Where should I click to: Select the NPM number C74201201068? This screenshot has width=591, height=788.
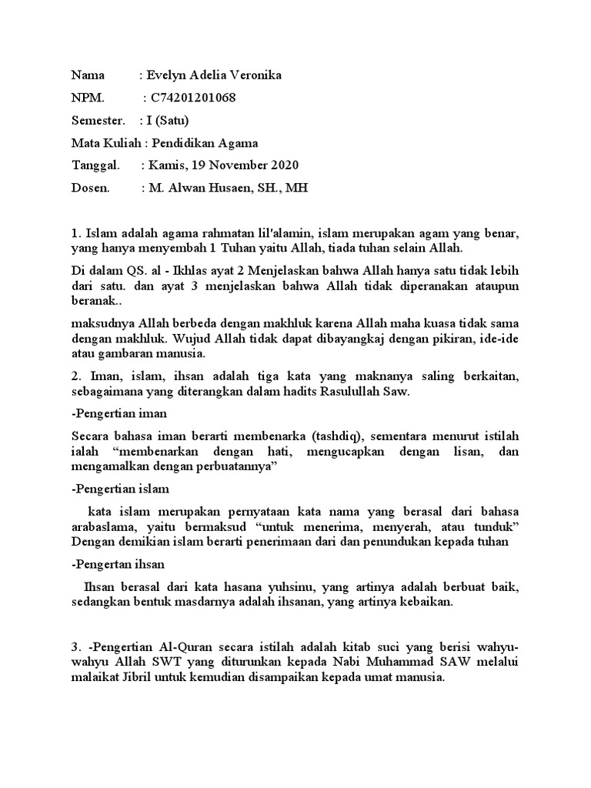(x=193, y=98)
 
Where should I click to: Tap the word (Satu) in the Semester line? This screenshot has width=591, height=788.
(x=172, y=120)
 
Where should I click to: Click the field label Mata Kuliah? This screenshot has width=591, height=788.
(x=106, y=142)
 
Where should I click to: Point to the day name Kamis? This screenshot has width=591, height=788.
(x=165, y=165)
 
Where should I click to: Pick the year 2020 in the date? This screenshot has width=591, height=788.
(x=283, y=165)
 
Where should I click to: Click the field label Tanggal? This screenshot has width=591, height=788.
(x=95, y=165)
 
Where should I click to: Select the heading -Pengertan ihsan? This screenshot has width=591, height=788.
(x=119, y=563)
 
